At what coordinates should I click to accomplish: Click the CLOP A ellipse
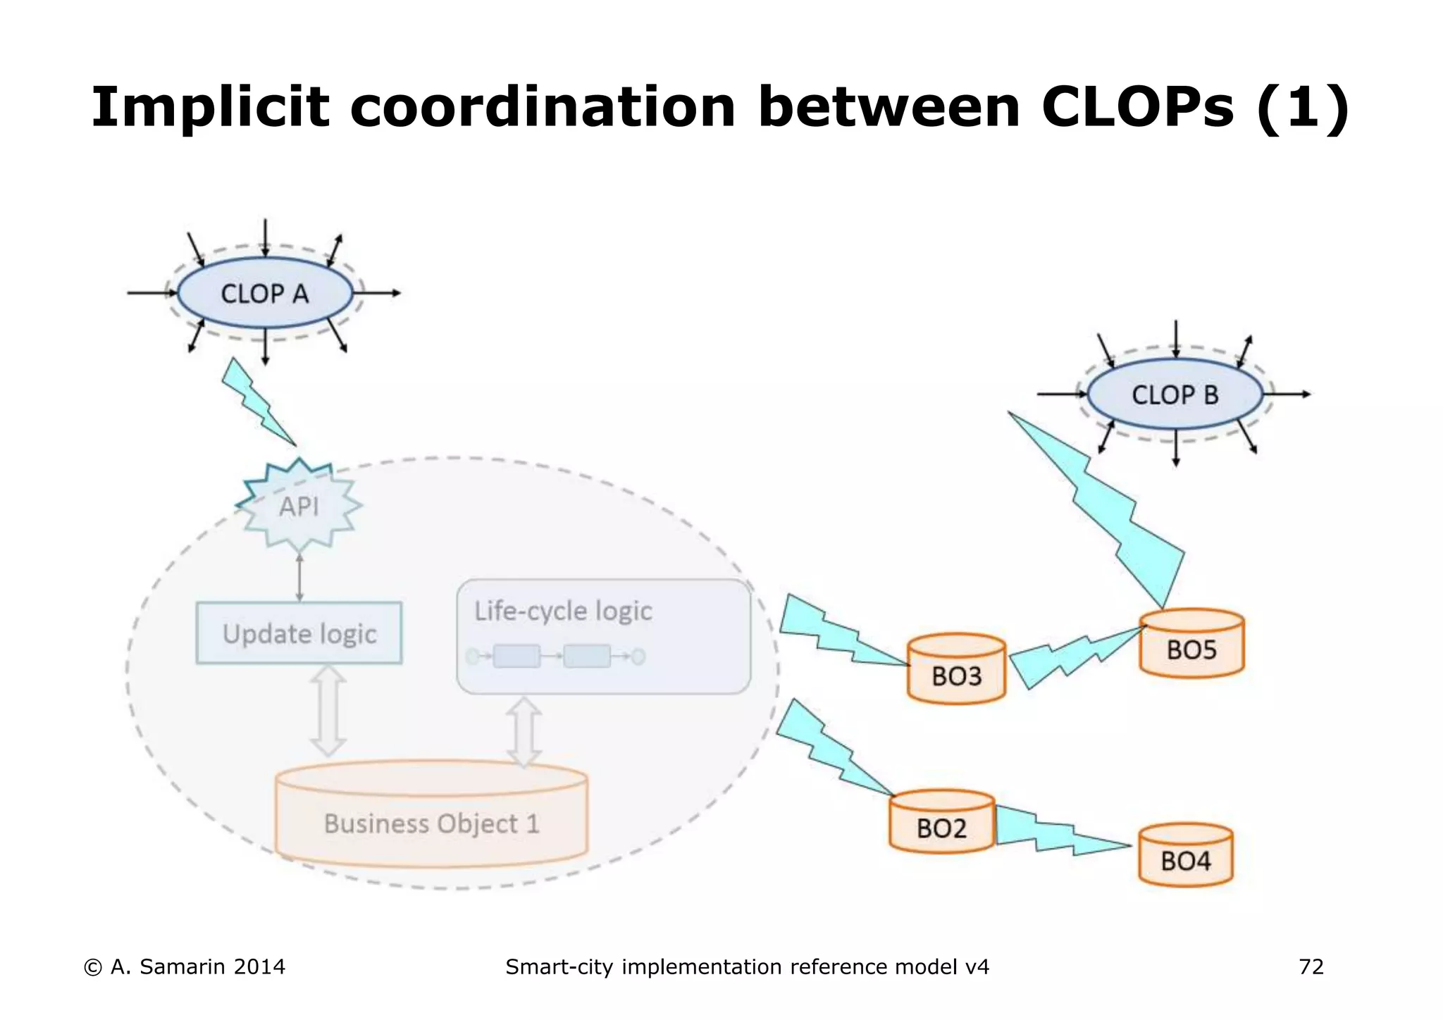point(264,293)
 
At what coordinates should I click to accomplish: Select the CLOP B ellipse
point(1175,394)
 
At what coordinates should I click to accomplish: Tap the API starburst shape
point(299,506)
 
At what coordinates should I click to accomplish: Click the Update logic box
point(299,633)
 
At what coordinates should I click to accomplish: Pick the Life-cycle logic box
point(604,636)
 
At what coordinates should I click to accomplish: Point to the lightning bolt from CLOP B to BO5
point(1113,514)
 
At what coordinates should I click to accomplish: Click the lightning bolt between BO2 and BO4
point(1057,831)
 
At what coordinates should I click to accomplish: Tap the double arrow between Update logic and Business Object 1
point(328,711)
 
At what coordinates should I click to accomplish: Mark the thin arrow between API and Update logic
point(299,578)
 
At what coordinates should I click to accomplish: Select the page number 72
point(1311,966)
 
